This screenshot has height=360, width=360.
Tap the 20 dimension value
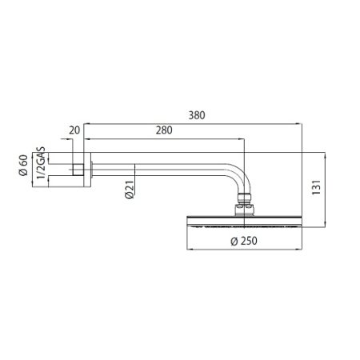[75, 130]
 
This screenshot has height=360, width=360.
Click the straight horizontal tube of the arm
[160, 166]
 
